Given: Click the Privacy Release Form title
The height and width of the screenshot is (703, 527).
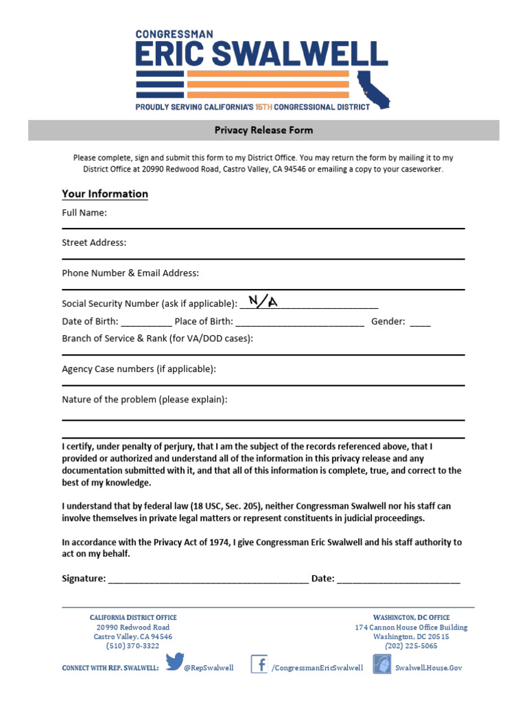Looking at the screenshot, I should coord(263,130).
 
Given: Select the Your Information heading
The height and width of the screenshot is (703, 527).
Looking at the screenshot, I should coord(105,194).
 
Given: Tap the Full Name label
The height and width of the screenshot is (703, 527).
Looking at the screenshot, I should coord(84,213).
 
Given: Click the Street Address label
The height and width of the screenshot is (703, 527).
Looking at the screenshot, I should coord(94,242).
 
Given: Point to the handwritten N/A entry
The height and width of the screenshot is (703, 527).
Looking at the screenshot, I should coord(263,301).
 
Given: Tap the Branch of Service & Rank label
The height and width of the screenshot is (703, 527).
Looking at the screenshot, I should coord(157,338).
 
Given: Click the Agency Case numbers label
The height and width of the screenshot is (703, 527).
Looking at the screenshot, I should coord(139,369).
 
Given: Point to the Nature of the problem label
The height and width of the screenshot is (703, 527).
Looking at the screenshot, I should coord(144,400).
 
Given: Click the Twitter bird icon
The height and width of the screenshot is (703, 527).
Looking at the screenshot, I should coord(174,663).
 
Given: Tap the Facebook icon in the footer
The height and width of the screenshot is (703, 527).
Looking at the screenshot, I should coord(259,664).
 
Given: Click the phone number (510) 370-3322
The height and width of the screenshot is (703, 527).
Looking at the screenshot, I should coord(132,646).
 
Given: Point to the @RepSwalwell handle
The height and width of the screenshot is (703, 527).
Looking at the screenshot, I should coord(209,667).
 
